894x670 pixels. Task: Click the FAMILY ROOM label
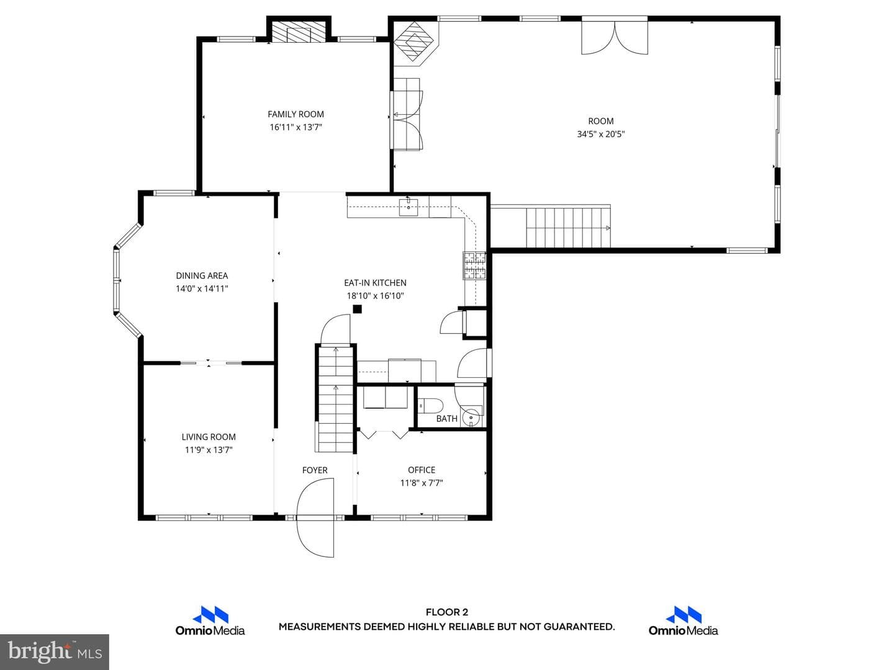pos(296,114)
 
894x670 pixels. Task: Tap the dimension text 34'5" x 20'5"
pos(601,134)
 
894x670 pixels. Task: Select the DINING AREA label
pos(202,276)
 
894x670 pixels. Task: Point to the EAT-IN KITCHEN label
pos(375,283)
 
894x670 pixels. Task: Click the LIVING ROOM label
pos(209,437)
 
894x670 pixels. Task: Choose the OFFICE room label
pos(422,470)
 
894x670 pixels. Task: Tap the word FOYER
pos(315,470)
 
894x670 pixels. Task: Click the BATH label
pos(447,419)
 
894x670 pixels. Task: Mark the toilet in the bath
pos(430,406)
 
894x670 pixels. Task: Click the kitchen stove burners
pos(474,266)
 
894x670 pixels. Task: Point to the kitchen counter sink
pos(408,207)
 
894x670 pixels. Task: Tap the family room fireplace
pos(299,32)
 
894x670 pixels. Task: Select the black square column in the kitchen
pos(357,309)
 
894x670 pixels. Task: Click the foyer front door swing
pos(315,517)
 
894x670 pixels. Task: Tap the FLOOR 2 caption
pos(447,612)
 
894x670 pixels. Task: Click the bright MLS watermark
pos(55,652)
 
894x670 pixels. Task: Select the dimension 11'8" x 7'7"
pos(422,483)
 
